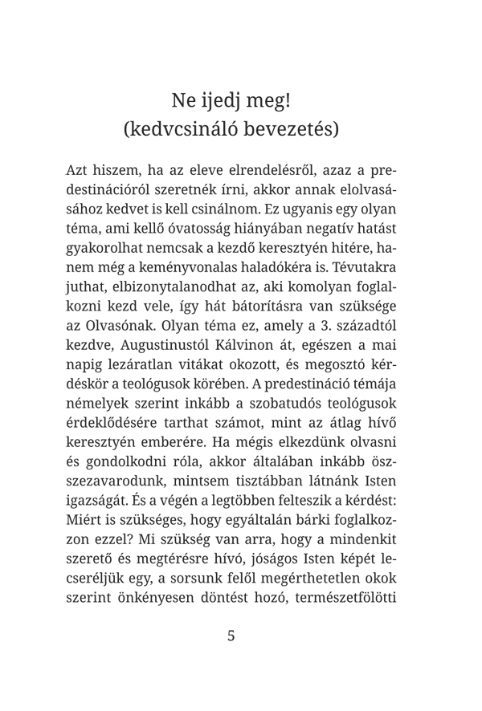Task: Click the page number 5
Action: (x=231, y=636)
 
